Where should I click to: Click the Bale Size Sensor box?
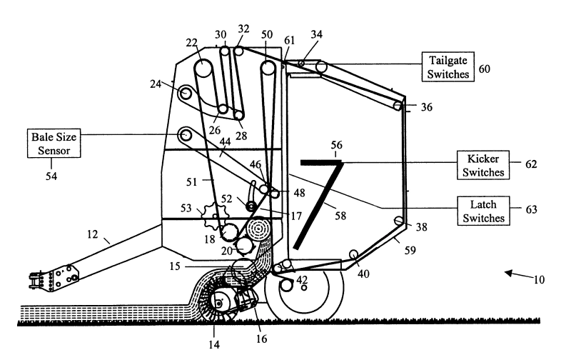tap(54, 143)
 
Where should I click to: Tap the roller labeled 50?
tap(268, 70)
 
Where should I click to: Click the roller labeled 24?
tap(186, 94)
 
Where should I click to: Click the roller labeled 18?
tap(230, 233)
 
